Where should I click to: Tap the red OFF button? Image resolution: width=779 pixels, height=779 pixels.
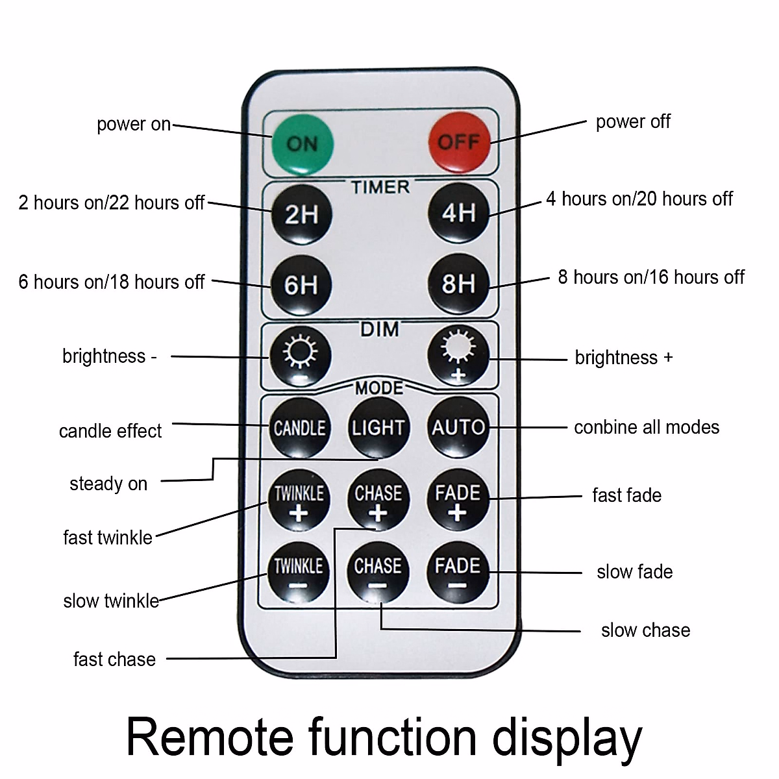(459, 142)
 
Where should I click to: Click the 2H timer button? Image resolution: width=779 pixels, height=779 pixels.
(301, 214)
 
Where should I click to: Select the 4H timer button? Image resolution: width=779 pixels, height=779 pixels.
(459, 213)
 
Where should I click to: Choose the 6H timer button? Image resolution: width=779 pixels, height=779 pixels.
(301, 285)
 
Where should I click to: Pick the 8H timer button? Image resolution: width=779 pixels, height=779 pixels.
(459, 284)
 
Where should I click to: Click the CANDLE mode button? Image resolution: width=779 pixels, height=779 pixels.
(299, 428)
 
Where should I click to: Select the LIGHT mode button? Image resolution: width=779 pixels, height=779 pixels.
(378, 428)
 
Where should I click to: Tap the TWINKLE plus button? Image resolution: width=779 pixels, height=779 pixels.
(299, 501)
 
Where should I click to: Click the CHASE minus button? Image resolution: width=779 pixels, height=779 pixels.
(378, 572)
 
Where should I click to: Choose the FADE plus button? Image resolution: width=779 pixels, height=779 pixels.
(458, 501)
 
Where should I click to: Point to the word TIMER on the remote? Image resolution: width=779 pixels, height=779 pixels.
(380, 187)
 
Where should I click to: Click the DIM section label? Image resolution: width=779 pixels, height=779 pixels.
(380, 329)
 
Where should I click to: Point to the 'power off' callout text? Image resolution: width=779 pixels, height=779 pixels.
(633, 121)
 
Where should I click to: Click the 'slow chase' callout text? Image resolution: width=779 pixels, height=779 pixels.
(645, 630)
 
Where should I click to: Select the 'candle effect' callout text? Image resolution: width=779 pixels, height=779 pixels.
(110, 431)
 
